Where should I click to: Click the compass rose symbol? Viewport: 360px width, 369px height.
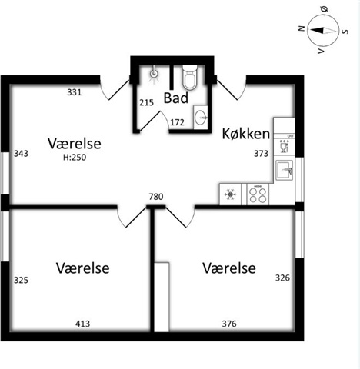pyautogui.click(x=323, y=31)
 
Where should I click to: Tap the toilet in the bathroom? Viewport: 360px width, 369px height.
pyautogui.click(x=190, y=77)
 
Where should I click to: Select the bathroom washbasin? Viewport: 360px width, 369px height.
pyautogui.click(x=201, y=118)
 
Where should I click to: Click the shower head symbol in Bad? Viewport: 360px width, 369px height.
pyautogui.click(x=153, y=74)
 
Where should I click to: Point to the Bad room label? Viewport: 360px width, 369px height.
pyautogui.click(x=176, y=98)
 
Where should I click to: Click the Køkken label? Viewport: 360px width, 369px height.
pyautogui.click(x=246, y=134)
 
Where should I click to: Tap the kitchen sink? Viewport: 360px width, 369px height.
pyautogui.click(x=285, y=170)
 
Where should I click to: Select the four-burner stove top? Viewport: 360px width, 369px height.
pyautogui.click(x=258, y=194)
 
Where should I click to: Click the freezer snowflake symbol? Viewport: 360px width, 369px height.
pyautogui.click(x=230, y=194)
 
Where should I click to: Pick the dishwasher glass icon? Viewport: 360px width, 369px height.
pyautogui.click(x=284, y=147)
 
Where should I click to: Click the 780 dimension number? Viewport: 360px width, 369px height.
pyautogui.click(x=156, y=197)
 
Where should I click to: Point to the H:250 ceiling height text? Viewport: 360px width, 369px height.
pyautogui.click(x=75, y=158)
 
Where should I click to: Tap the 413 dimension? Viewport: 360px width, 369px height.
pyautogui.click(x=83, y=324)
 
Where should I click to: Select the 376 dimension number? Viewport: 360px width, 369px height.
pyautogui.click(x=229, y=324)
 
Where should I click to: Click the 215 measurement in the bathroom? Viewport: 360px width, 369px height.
pyautogui.click(x=146, y=103)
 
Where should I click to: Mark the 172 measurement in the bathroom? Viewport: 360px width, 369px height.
pyautogui.click(x=177, y=122)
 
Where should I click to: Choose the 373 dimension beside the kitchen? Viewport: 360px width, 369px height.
pyautogui.click(x=261, y=154)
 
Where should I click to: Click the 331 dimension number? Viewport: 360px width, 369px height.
pyautogui.click(x=75, y=92)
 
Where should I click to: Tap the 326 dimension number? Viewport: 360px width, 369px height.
pyautogui.click(x=282, y=278)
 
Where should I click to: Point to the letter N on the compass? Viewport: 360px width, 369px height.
pyautogui.click(x=302, y=28)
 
